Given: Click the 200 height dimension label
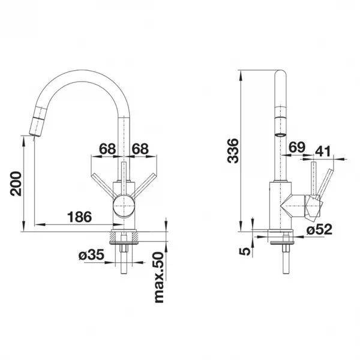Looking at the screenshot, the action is click(x=16, y=184).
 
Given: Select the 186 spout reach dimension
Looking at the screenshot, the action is click(x=79, y=217).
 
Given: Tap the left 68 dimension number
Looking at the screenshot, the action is click(x=107, y=149).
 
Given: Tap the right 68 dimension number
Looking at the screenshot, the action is click(x=140, y=149).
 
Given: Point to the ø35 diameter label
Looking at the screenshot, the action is click(x=91, y=254).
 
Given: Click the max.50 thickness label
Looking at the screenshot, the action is click(x=159, y=277).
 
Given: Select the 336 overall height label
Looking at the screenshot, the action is click(x=233, y=151).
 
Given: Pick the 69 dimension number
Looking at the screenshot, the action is click(x=297, y=147).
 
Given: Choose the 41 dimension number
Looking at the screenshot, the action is click(x=323, y=151).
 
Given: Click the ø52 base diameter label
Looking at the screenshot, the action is click(x=319, y=229).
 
